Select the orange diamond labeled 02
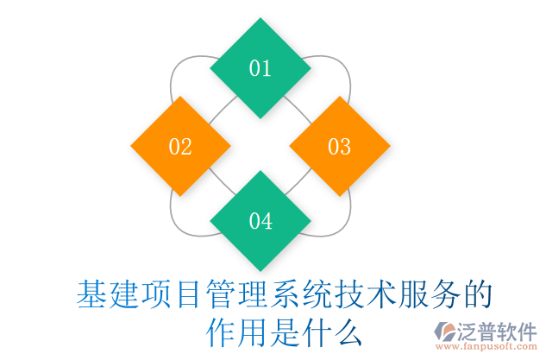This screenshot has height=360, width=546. tap(180, 147)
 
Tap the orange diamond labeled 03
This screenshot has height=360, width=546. tap(340, 147)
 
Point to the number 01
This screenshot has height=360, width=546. tap(260, 69)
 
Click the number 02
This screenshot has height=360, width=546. tap(180, 147)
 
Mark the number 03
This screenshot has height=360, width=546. tap(340, 147)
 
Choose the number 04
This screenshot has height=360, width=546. tap(260, 222)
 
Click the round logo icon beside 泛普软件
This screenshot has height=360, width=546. tap(448, 332)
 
